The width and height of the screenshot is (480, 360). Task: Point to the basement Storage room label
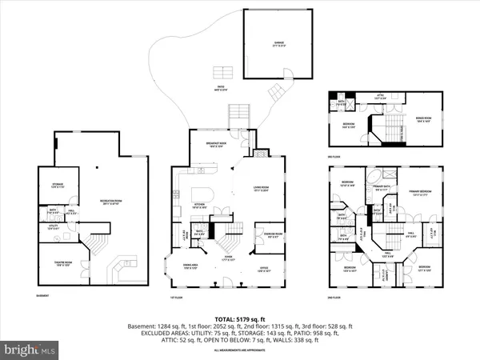tap(58, 186)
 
